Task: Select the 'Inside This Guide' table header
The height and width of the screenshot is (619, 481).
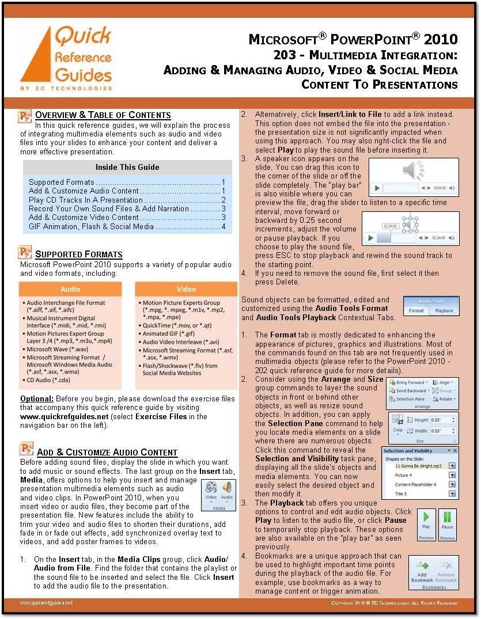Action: (x=127, y=168)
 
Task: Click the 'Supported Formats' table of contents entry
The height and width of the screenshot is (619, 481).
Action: (x=62, y=183)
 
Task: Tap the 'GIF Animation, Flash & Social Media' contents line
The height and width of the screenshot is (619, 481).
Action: (x=91, y=226)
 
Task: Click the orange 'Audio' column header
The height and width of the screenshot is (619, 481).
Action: (x=71, y=288)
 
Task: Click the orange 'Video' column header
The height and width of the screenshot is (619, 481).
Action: (x=186, y=288)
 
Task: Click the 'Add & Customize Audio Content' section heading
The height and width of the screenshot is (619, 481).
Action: (x=107, y=452)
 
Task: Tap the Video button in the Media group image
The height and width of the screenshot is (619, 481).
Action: (x=211, y=490)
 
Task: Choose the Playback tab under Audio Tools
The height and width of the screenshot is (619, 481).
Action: (x=444, y=310)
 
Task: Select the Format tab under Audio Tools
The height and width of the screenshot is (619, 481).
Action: (x=416, y=310)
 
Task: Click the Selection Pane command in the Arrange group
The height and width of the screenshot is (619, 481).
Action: (x=411, y=399)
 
